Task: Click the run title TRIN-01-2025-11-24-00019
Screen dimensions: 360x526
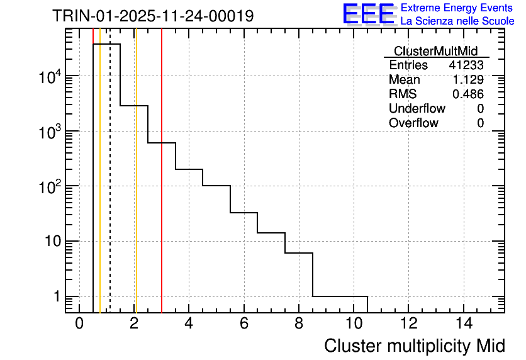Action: (x=153, y=16)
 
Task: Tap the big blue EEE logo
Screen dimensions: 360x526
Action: (x=369, y=14)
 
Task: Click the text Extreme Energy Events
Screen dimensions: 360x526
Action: (x=457, y=8)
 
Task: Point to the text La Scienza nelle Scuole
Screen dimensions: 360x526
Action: (x=457, y=21)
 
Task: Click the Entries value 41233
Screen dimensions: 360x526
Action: (x=466, y=65)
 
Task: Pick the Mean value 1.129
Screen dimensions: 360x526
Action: (x=468, y=80)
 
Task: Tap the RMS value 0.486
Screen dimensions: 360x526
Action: (x=468, y=94)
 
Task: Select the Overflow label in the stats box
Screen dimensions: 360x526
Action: (x=413, y=123)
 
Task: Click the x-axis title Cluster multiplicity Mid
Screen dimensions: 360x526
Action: (x=414, y=346)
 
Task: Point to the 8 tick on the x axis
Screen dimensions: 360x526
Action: (x=299, y=325)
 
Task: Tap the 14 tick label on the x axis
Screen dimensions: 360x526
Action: (x=464, y=325)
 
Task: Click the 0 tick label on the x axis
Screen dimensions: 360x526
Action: (x=79, y=325)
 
